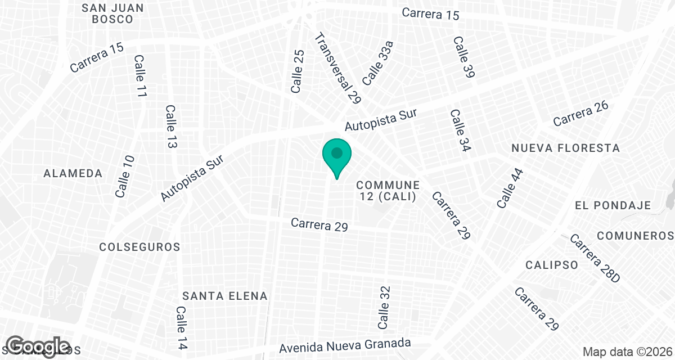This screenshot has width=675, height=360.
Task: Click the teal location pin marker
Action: tap(337, 156)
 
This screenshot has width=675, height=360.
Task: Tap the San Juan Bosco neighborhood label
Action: tap(112, 13)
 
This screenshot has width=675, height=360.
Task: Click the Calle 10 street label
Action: tap(125, 177)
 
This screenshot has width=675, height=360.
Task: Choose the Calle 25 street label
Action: tap(298, 71)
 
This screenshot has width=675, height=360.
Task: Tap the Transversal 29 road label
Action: tap(337, 69)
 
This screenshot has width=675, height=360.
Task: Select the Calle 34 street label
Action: tap(460, 130)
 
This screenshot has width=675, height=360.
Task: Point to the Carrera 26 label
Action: tap(581, 115)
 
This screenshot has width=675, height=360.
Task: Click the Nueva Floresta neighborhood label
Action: tap(565, 148)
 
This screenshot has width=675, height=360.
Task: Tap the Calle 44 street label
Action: tap(510, 188)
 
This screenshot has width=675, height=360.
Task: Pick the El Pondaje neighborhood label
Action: tap(613, 206)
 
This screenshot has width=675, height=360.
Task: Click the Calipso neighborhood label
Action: tap(552, 265)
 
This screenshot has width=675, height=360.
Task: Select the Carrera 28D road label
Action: tap(594, 259)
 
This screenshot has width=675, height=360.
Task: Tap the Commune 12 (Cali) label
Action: tap(388, 191)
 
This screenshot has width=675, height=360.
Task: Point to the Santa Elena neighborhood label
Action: tap(225, 296)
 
